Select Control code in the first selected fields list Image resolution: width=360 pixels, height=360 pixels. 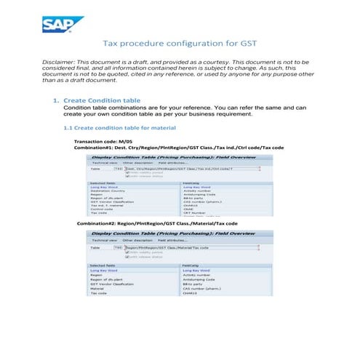pos(103,209)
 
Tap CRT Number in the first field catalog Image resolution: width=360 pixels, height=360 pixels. pos(196,213)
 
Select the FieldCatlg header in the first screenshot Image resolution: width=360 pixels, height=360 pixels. pos(192,183)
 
